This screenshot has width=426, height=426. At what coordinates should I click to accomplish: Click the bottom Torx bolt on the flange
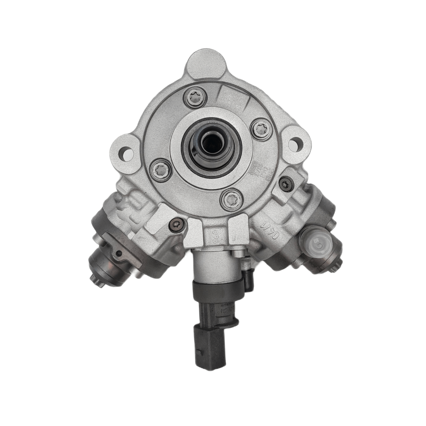tap(230, 199)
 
